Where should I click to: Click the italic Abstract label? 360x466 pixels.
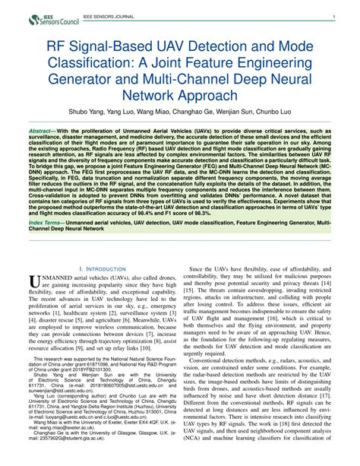(x=44, y=132)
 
